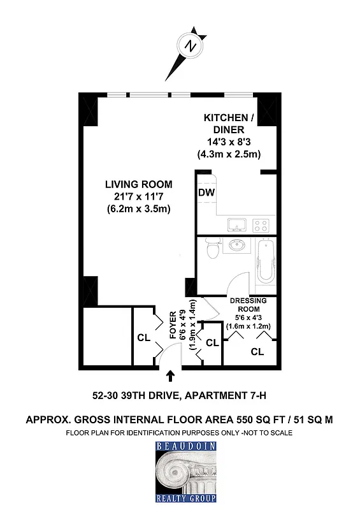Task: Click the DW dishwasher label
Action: click(206, 193)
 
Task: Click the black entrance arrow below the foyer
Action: click(169, 377)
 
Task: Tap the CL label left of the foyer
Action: click(144, 339)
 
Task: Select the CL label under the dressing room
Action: click(257, 352)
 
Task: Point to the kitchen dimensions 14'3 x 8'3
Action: click(228, 143)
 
